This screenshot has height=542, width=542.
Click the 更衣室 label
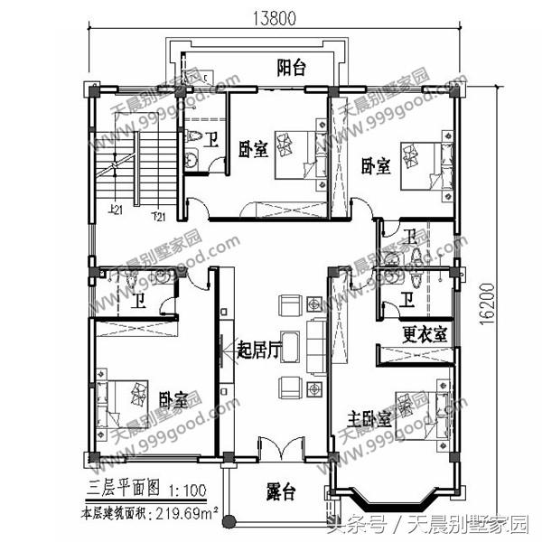click(x=424, y=332)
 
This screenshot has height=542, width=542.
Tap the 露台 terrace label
click(x=283, y=494)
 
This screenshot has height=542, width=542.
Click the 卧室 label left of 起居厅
click(x=173, y=398)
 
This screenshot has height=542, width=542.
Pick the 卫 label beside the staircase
click(x=210, y=141)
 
